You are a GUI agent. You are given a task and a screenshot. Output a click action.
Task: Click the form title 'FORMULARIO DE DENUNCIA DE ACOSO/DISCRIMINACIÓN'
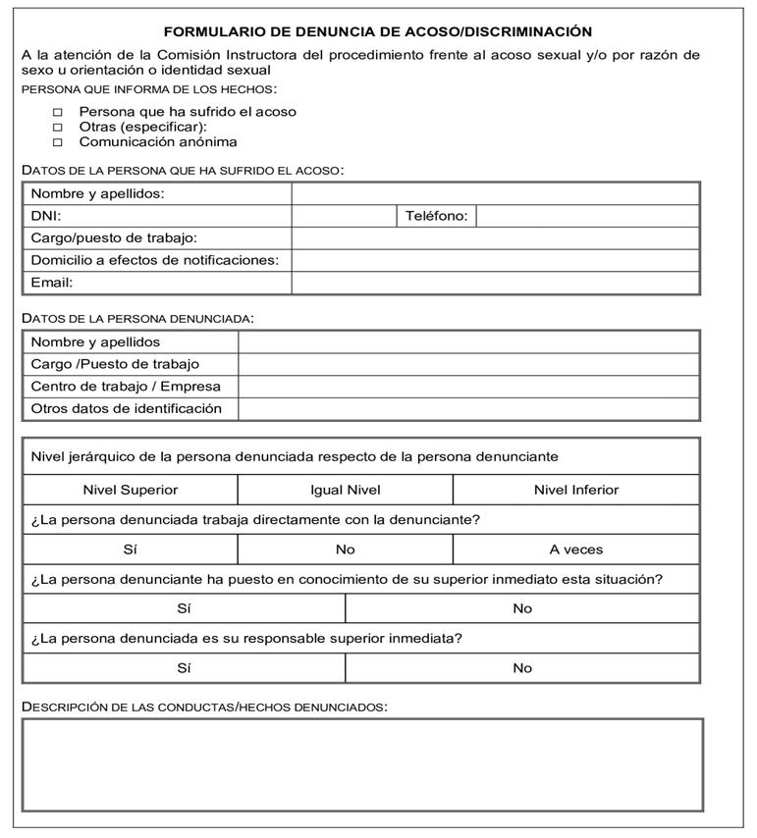coord(378,31)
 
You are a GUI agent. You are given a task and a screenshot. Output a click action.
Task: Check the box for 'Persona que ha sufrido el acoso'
coord(57,112)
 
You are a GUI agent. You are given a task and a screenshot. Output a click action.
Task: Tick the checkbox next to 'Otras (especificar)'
coord(57,127)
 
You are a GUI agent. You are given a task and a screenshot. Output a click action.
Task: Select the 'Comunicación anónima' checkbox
coord(57,141)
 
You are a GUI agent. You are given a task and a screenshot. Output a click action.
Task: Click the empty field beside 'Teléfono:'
coord(587,216)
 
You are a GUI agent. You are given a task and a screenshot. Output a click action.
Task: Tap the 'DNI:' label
coord(46,216)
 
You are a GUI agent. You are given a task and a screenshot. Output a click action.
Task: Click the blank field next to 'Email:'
coord(495,283)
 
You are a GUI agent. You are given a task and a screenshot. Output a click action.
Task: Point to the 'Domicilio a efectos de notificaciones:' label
coord(155,260)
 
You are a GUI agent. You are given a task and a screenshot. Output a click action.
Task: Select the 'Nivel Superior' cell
coord(131,490)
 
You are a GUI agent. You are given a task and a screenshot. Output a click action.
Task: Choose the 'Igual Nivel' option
coord(345,490)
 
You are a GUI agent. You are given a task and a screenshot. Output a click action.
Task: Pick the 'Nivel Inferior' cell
coord(576,490)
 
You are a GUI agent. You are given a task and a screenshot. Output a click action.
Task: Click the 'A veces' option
coord(576,550)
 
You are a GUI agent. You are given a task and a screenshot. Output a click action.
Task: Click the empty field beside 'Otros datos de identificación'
coord(468,409)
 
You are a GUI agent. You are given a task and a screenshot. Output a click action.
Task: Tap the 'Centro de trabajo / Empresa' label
coord(126,387)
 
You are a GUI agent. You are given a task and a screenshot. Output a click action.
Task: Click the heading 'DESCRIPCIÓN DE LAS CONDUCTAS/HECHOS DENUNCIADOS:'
coord(204,707)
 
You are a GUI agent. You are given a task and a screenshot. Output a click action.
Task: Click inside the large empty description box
coord(362,764)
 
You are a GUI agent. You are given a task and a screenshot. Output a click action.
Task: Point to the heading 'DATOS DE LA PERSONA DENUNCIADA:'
coord(137,318)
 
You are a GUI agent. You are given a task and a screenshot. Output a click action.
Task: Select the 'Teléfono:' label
coord(437,216)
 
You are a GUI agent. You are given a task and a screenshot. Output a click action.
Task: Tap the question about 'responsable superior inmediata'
coord(246,638)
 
